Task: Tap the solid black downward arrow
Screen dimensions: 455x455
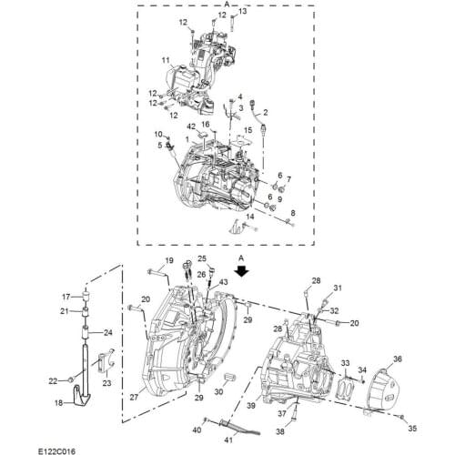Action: click(x=241, y=271)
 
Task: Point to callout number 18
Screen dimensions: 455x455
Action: click(x=59, y=403)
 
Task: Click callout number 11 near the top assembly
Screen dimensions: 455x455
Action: click(x=167, y=61)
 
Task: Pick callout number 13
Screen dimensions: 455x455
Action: click(x=242, y=11)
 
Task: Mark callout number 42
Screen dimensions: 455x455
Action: click(x=191, y=125)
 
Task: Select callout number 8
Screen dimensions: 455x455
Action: click(x=292, y=213)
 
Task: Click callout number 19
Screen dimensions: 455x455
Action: click(x=169, y=262)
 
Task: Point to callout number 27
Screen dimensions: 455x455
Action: click(x=134, y=397)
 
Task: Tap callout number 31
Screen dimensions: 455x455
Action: click(x=336, y=288)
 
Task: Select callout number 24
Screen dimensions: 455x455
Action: click(x=107, y=332)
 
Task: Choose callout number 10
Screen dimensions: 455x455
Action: click(x=157, y=134)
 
